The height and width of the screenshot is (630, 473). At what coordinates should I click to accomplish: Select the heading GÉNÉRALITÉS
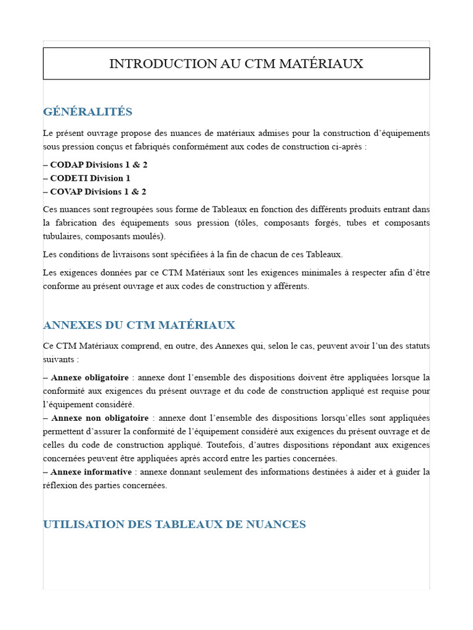pos(87,111)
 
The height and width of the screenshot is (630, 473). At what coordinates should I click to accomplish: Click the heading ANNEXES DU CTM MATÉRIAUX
pos(139,325)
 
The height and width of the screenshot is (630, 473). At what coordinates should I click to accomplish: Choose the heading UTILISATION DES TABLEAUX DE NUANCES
pos(174,524)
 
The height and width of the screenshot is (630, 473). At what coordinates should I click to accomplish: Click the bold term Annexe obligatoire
pos(90,377)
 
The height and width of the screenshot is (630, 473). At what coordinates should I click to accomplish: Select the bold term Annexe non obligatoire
pos(100,418)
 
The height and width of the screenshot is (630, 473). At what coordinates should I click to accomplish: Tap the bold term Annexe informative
pos(91,472)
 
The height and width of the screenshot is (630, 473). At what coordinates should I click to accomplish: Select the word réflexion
pos(61,485)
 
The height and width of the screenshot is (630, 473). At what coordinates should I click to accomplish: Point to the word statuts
pos(414,346)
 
